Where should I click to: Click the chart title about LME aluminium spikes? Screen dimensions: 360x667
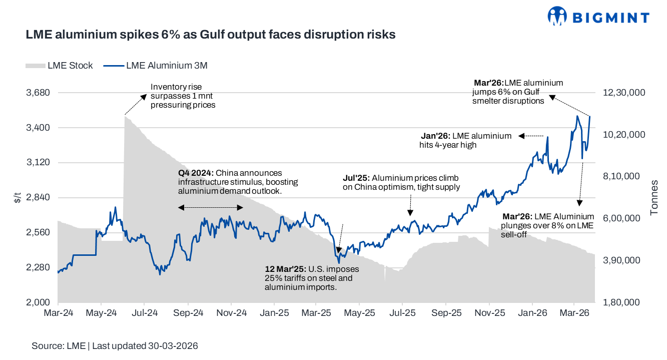coord(211,35)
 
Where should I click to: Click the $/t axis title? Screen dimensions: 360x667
coord(18,198)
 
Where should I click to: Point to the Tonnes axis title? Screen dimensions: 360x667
coord(654,198)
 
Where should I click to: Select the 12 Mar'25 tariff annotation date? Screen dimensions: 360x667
coord(286,269)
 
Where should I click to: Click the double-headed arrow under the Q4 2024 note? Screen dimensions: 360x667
coord(211,207)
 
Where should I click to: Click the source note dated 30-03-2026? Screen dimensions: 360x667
coord(115,346)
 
